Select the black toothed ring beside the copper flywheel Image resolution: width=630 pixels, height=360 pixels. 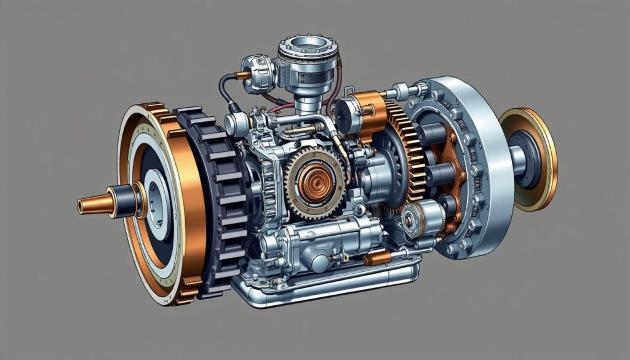tap(212, 197)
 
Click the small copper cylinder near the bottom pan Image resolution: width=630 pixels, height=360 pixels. tap(376, 258)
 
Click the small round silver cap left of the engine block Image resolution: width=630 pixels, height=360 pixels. tap(236, 125)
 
